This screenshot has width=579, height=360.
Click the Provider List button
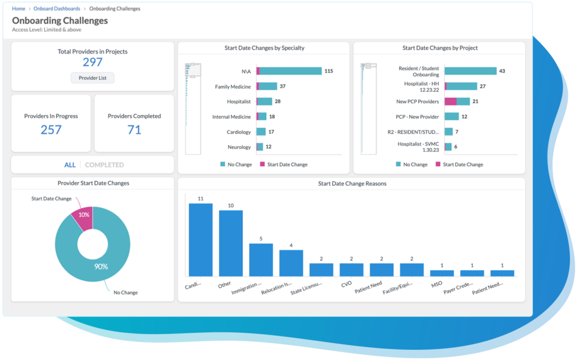(92, 77)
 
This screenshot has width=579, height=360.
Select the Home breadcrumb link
(19, 9)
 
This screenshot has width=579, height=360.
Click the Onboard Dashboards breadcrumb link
(57, 9)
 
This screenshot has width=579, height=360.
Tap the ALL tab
(70, 165)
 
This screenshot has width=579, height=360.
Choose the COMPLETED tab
(104, 165)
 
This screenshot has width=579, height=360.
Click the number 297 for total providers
(92, 62)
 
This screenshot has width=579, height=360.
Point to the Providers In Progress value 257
(51, 130)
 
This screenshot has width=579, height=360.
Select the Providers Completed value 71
(134, 130)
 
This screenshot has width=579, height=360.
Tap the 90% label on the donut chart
(101, 266)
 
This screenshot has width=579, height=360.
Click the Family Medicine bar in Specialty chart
(267, 86)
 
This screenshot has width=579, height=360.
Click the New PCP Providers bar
(457, 101)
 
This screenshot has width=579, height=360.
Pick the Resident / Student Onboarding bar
(470, 71)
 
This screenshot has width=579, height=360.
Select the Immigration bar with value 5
(261, 259)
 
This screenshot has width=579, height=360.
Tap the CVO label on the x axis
(347, 285)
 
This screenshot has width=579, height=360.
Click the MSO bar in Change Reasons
(442, 273)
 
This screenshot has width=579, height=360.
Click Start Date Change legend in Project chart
(463, 164)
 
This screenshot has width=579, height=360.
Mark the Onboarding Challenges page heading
(60, 20)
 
